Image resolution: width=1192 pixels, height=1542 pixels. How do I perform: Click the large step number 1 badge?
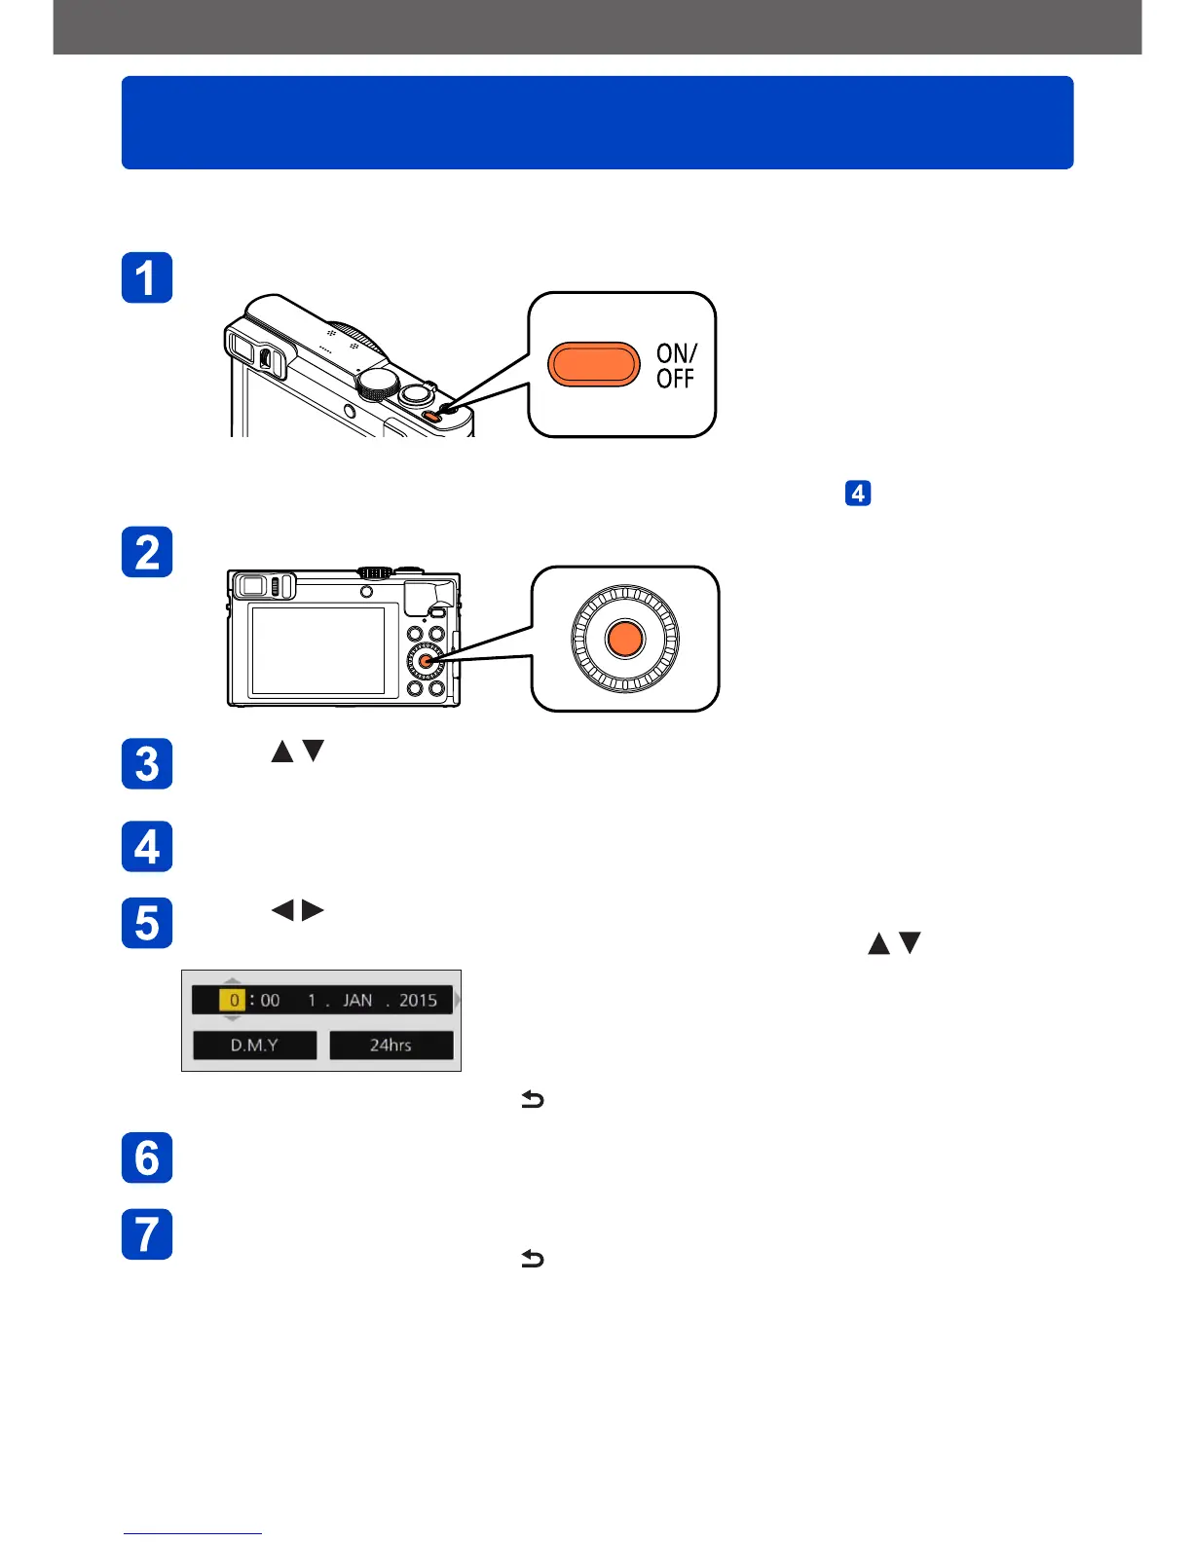(x=147, y=277)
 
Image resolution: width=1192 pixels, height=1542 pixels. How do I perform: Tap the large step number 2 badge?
(x=147, y=552)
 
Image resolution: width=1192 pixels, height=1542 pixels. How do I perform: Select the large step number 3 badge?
(x=147, y=764)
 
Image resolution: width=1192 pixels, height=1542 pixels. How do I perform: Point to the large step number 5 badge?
(x=147, y=923)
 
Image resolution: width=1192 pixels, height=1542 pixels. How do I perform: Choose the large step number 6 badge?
(x=147, y=1157)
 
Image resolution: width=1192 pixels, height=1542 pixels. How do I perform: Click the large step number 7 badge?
(x=147, y=1234)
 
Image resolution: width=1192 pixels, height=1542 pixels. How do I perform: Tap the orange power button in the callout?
(x=593, y=365)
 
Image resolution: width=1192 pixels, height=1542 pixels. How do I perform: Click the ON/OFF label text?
(x=676, y=366)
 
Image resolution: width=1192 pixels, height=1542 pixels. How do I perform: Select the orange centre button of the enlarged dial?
(x=624, y=639)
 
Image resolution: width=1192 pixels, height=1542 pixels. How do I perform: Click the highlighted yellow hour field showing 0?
(x=233, y=1000)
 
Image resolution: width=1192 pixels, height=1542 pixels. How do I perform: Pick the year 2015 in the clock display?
(x=418, y=1000)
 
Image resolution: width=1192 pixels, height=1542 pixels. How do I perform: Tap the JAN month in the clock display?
(x=357, y=1000)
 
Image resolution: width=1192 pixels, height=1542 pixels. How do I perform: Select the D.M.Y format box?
(x=254, y=1045)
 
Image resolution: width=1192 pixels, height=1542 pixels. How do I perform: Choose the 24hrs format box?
(x=391, y=1045)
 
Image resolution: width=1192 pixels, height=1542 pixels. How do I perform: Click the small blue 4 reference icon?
(x=857, y=494)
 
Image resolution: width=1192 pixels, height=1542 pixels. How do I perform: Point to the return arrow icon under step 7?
(x=532, y=1259)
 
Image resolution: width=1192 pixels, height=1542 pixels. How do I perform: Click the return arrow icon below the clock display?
(x=532, y=1100)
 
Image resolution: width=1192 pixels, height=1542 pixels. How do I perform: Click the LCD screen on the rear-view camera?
(x=317, y=649)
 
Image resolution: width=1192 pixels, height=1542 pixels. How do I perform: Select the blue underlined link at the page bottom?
(x=192, y=1532)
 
